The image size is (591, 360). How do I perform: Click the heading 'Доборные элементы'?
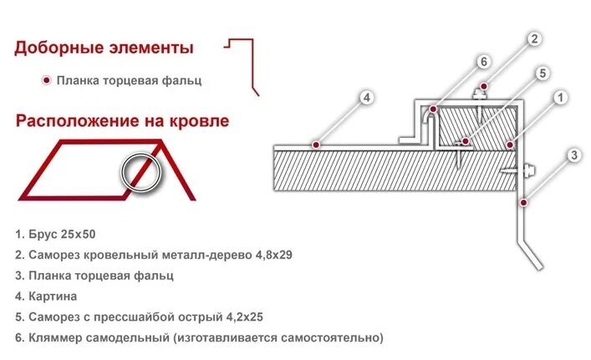tap(104, 48)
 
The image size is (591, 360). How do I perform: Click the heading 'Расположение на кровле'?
tap(122, 121)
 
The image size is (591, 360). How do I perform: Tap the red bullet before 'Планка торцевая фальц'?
tap(46, 81)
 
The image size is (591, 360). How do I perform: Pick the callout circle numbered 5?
tap(541, 74)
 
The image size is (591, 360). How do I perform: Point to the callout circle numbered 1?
tap(560, 99)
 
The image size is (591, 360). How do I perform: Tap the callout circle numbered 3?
tap(573, 155)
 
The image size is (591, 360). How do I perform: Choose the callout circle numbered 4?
tap(366, 99)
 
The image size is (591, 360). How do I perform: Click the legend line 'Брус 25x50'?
tap(61, 234)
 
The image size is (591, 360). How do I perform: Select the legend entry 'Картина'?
tap(56, 296)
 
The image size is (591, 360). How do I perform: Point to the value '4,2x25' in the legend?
tap(243, 317)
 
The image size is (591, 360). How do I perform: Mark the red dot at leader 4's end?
tap(316, 145)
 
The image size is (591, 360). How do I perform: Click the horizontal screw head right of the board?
tap(529, 172)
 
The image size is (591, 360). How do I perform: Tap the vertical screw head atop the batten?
tap(482, 90)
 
